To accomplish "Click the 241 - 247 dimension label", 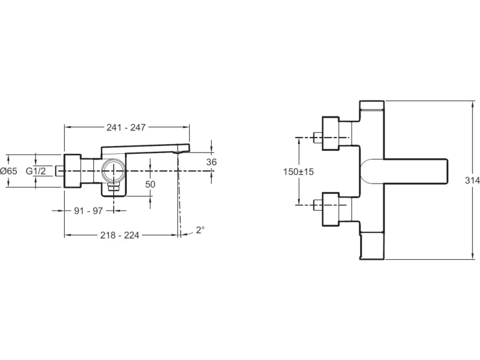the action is [x=126, y=127].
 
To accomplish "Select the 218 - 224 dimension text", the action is [x=120, y=235].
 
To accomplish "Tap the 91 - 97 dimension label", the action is [x=89, y=211].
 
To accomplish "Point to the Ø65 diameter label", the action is [x=9, y=171].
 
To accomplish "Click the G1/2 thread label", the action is [x=36, y=171].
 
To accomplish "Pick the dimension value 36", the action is [x=211, y=162].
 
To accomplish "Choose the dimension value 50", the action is [x=150, y=184].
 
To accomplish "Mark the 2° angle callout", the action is [x=200, y=230].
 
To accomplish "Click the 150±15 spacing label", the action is [x=298, y=172].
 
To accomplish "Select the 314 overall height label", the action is [x=473, y=181].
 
